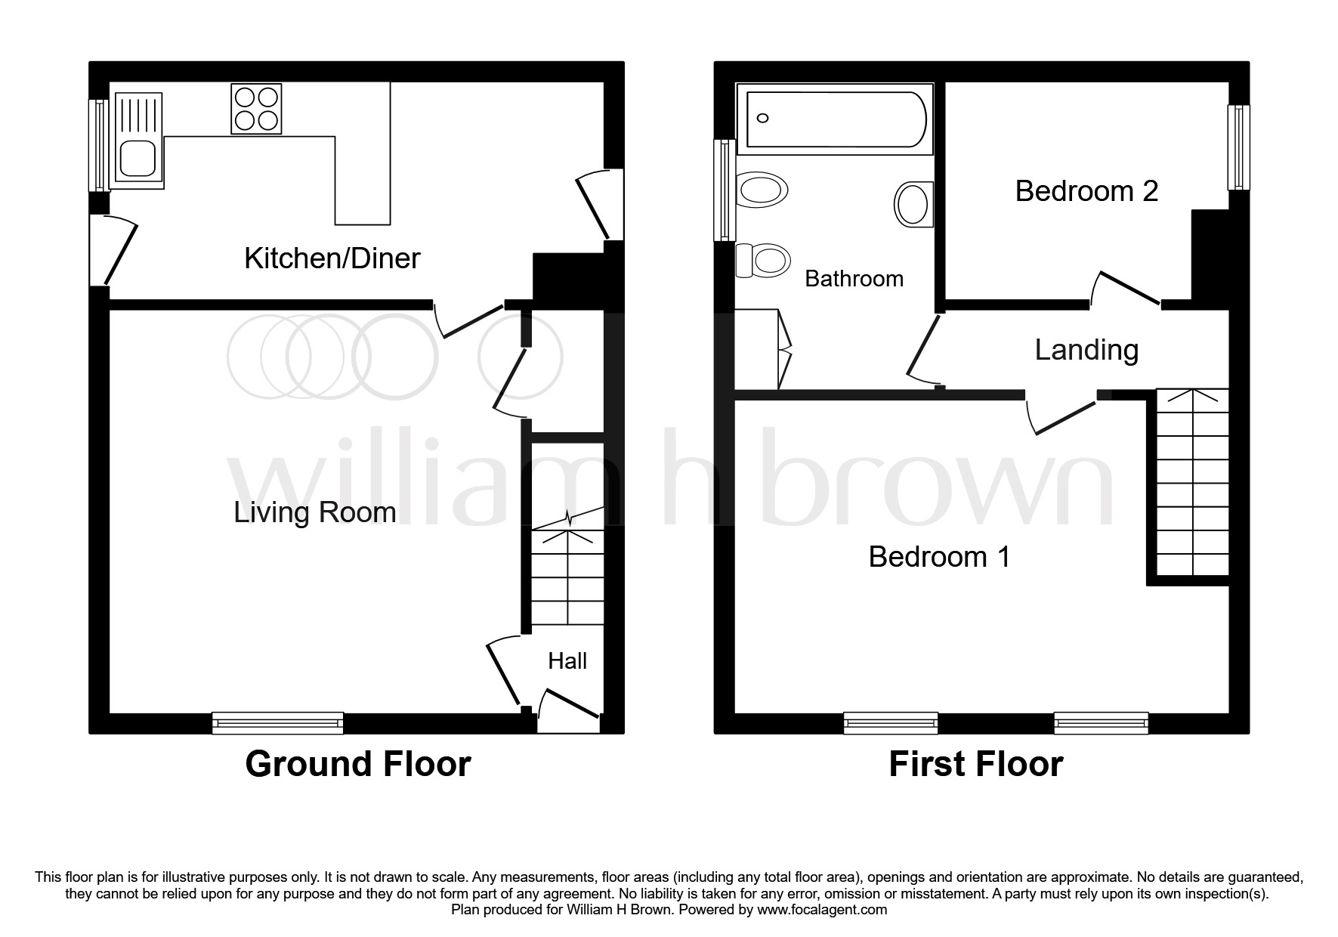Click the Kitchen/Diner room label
332,258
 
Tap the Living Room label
314,512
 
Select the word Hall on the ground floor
567,661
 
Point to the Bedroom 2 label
1086,190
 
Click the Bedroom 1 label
938,557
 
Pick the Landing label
1086,350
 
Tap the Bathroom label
854,279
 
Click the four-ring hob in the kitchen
255,110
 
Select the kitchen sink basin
136,159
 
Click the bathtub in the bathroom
836,119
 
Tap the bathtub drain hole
762,118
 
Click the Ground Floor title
357,764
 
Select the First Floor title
975,764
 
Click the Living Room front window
277,723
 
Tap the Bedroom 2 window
1238,147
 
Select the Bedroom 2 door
1126,289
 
